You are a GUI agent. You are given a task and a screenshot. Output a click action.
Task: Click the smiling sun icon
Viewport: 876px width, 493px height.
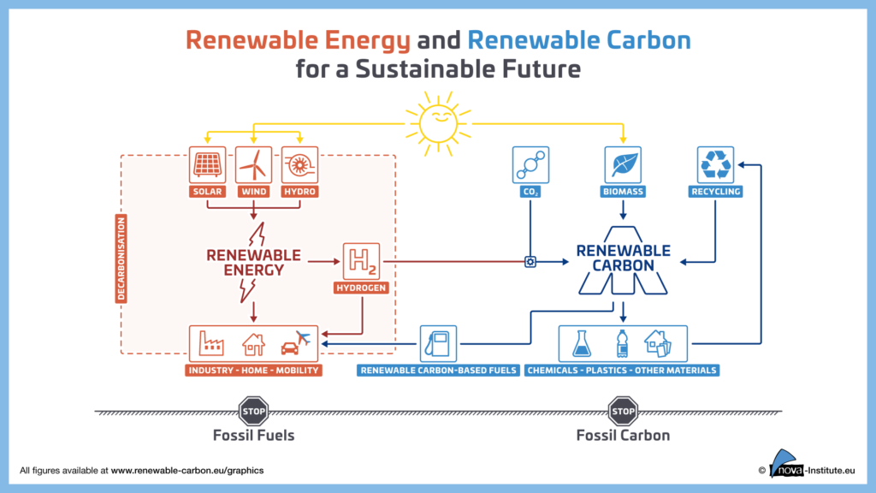tap(439, 123)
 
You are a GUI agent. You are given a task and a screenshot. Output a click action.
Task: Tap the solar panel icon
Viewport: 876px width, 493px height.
tap(207, 165)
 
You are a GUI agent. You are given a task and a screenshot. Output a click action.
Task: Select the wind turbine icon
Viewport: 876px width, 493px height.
tap(253, 165)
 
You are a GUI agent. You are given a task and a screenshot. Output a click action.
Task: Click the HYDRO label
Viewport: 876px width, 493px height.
tap(300, 192)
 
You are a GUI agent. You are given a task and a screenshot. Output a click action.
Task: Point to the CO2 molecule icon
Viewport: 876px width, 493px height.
tap(530, 165)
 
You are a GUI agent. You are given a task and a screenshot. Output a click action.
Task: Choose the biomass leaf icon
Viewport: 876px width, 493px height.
tap(623, 165)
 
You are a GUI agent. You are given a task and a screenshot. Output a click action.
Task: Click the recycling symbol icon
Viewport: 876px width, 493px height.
tap(716, 165)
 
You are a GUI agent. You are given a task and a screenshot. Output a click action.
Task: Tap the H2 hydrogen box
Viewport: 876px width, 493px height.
tap(362, 261)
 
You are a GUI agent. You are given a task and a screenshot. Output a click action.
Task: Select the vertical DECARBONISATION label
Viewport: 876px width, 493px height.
tap(121, 258)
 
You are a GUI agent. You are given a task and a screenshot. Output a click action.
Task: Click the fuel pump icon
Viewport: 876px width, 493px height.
tap(438, 344)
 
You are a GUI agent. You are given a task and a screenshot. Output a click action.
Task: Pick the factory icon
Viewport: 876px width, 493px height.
tap(211, 343)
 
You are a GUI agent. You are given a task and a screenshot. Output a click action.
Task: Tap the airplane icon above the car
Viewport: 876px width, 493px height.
tap(303, 337)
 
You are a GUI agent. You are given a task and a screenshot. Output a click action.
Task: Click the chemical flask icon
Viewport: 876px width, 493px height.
tap(582, 343)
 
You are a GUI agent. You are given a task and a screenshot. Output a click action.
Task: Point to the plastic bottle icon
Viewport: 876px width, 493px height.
tap(623, 343)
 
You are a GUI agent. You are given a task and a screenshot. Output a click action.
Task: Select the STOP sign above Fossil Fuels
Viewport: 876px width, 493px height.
tap(253, 412)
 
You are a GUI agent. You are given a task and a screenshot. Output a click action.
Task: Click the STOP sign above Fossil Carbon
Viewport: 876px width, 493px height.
tap(623, 412)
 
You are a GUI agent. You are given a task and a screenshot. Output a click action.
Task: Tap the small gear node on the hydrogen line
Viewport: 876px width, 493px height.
tap(530, 262)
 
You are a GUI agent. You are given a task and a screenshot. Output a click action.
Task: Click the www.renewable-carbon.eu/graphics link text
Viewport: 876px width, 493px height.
tap(187, 471)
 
